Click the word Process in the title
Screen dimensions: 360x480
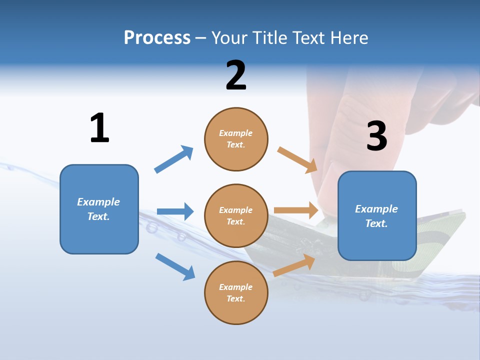point(157,38)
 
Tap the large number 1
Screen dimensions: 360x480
point(99,128)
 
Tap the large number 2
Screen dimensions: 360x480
point(236,75)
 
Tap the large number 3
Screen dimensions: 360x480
point(376,136)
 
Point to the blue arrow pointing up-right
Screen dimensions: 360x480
point(174,159)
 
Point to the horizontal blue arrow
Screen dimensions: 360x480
point(175,211)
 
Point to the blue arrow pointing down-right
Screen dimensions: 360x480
point(175,266)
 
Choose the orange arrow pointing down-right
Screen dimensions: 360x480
point(297,160)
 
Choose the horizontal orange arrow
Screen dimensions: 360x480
point(296,210)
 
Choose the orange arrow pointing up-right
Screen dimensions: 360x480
point(294,265)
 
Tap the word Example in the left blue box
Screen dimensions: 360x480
point(98,202)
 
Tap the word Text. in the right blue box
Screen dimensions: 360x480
point(376,223)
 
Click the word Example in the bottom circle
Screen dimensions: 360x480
point(236,287)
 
